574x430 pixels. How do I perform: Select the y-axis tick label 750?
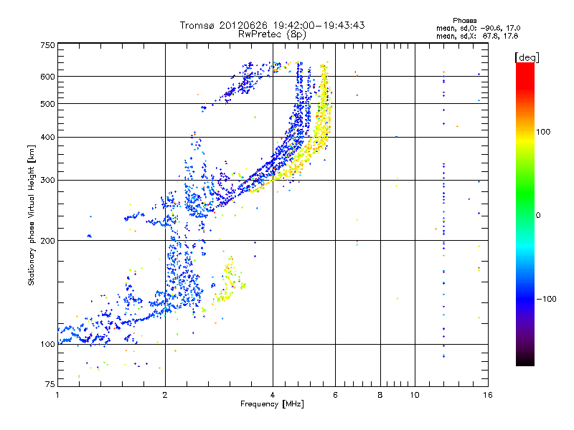coord(47,45)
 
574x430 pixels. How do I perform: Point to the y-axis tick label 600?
coord(47,77)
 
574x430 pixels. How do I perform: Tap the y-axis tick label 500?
coord(47,104)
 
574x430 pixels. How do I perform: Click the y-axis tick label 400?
coord(47,137)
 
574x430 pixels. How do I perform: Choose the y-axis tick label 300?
coord(47,180)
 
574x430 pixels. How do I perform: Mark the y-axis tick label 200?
coord(47,241)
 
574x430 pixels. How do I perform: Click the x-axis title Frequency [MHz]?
coord(271,405)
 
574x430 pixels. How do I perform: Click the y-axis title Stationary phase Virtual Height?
coord(32,216)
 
